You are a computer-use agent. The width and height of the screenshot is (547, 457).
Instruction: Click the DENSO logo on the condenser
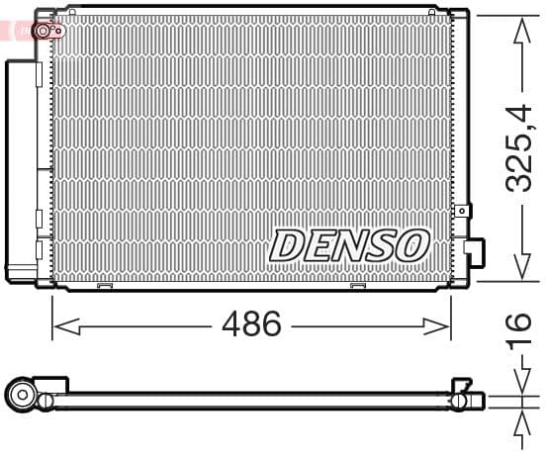pos(349,244)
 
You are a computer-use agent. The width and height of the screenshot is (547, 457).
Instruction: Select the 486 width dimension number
pos(252,323)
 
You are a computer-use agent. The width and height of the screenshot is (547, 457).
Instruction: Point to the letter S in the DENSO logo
pos(380,244)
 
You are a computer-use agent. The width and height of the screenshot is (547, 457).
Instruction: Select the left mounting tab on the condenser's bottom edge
pos(103,288)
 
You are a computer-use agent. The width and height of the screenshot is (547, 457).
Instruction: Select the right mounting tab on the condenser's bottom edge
pos(360,288)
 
